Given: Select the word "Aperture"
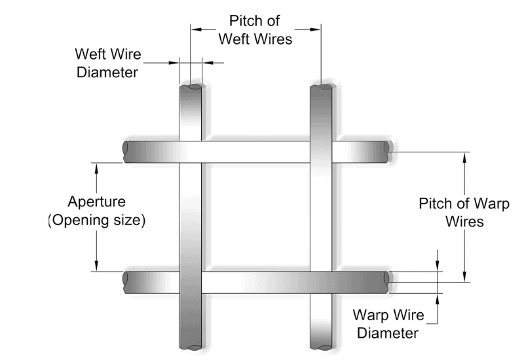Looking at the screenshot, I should coord(97,202).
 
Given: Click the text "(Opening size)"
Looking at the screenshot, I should coord(97,221).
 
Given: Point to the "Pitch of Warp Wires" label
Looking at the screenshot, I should coord(451,212).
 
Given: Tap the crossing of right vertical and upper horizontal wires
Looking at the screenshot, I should coord(320,152).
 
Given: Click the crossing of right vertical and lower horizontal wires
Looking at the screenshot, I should coord(320,282).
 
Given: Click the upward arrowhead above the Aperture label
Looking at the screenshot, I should coord(97,168).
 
